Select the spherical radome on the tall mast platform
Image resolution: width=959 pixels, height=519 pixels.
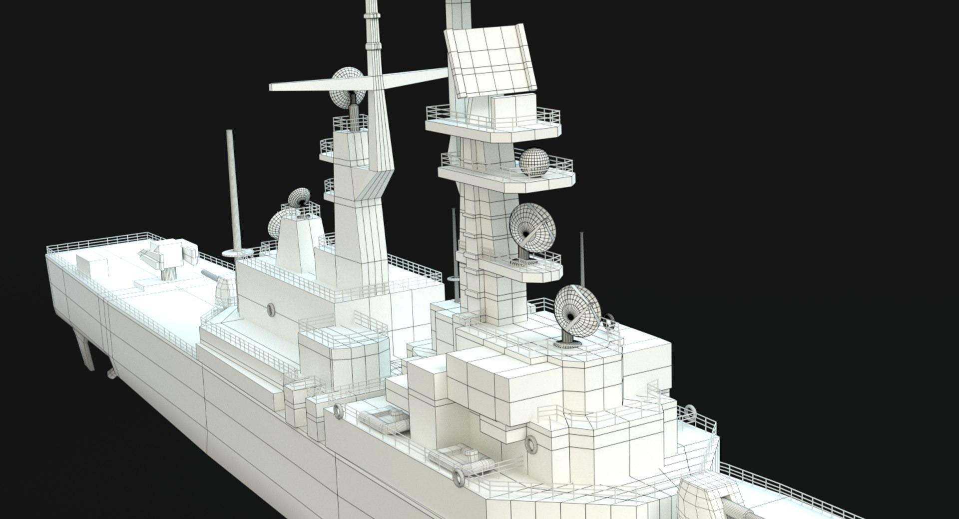coord(534,162)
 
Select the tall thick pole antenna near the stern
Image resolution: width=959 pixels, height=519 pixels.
coord(234,190)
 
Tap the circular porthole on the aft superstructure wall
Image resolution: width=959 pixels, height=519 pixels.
coord(271,309)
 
